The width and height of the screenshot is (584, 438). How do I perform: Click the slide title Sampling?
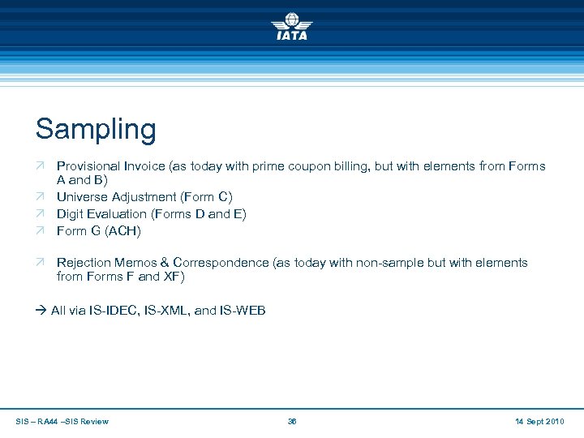[x=96, y=129]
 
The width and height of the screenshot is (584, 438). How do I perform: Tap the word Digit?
[x=71, y=214]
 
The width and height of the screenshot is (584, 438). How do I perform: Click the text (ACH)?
[x=123, y=231]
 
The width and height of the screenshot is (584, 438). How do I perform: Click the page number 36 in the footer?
[x=292, y=422]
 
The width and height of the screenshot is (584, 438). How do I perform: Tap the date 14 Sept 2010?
[x=539, y=422]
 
